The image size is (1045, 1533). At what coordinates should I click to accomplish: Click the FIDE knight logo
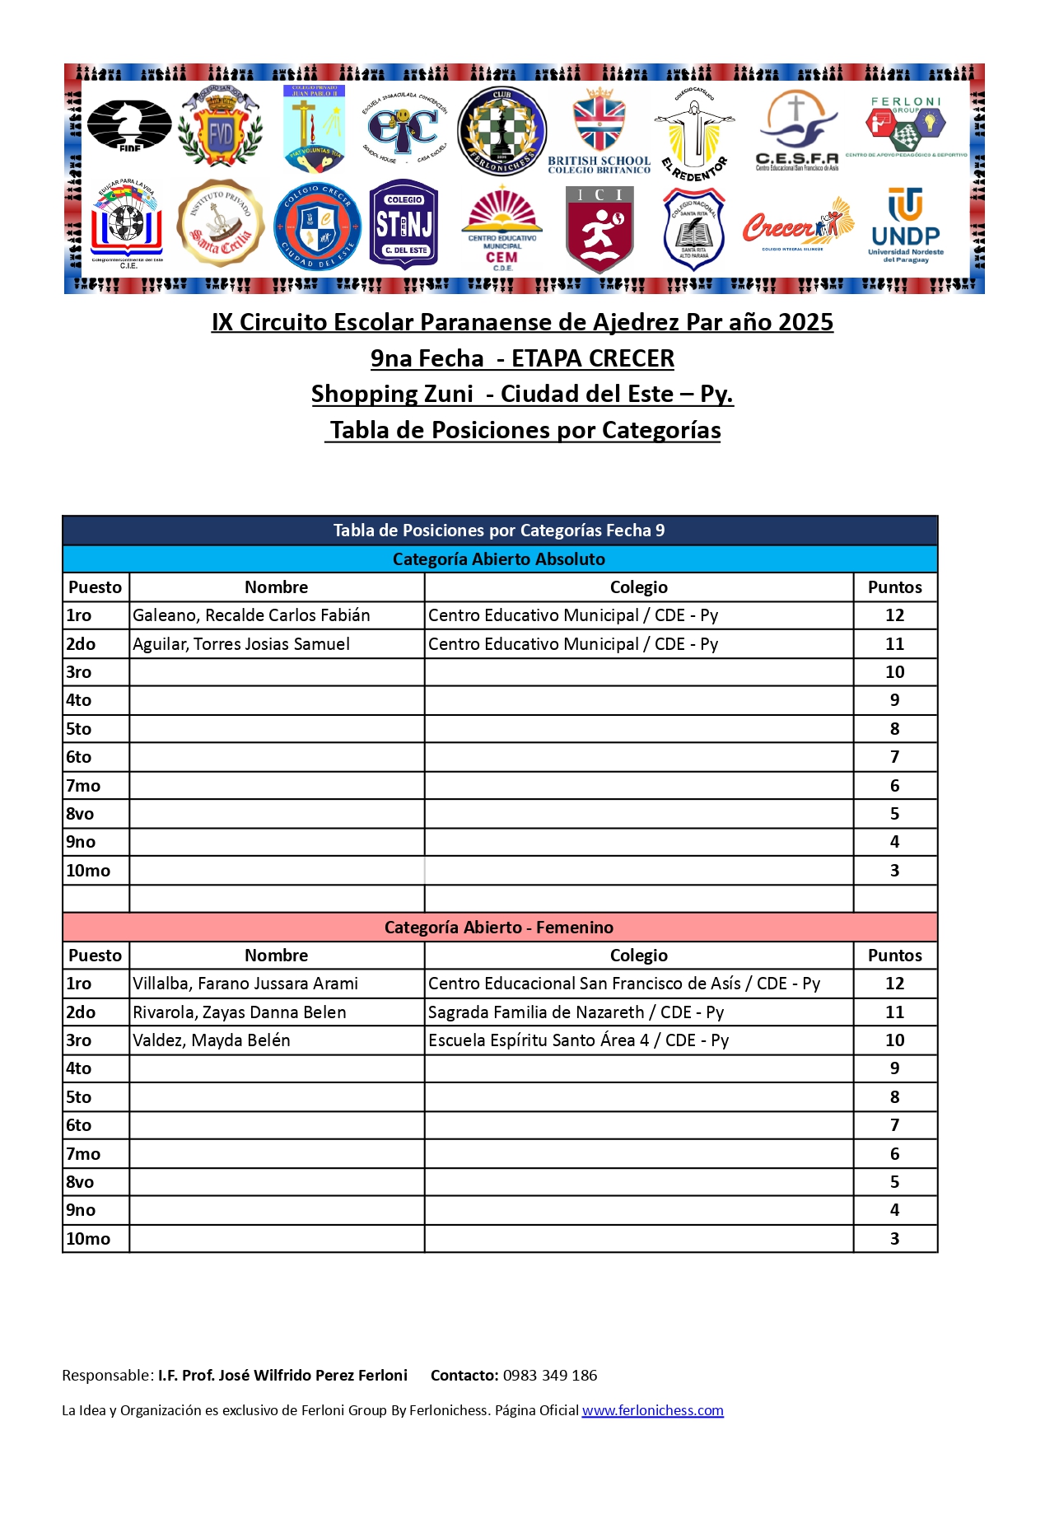pyautogui.click(x=129, y=125)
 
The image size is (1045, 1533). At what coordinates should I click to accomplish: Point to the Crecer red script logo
pyautogui.click(x=796, y=225)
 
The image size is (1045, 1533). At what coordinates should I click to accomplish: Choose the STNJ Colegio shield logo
pyautogui.click(x=404, y=224)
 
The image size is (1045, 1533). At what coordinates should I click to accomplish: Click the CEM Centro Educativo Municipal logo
pyautogui.click(x=502, y=228)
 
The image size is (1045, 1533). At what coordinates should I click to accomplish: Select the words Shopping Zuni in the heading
pyautogui.click(x=392, y=394)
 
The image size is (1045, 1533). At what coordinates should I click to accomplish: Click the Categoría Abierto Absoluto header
pyautogui.click(x=499, y=559)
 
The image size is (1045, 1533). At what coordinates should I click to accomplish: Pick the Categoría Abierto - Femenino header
pyautogui.click(x=499, y=928)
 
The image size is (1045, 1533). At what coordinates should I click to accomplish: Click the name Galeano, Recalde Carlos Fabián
pyautogui.click(x=251, y=615)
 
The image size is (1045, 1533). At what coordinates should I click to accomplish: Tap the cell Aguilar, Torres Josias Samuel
pyautogui.click(x=241, y=644)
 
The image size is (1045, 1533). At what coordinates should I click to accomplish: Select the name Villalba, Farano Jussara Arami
pyautogui.click(x=245, y=984)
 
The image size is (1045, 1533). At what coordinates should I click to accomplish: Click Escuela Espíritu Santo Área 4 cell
pyautogui.click(x=578, y=1040)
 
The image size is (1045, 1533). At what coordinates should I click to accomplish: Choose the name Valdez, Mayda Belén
pyautogui.click(x=212, y=1040)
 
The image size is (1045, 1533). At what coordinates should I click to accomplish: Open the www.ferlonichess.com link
pyautogui.click(x=652, y=1410)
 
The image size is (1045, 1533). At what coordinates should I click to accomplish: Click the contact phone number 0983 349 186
pyautogui.click(x=549, y=1375)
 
